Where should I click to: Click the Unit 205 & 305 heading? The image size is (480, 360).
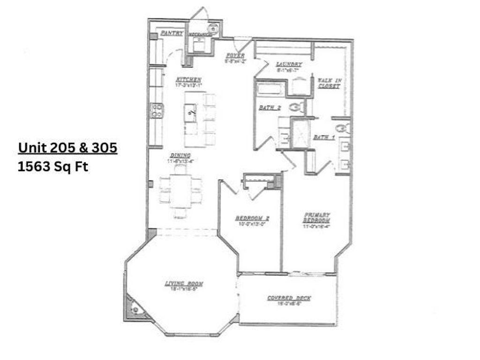pos(67,148)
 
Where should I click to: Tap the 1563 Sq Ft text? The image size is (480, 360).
pos(52,167)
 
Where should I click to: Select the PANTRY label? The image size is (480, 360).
pos(172,33)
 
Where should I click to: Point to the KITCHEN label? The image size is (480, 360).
pos(188,80)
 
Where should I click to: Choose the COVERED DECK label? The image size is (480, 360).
pos(289,298)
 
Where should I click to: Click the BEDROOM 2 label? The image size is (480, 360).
pos(252,218)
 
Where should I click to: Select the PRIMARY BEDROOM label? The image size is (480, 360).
pos(317,217)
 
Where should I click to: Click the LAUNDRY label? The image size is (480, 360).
pos(289,64)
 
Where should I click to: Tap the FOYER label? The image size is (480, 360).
pos(236,55)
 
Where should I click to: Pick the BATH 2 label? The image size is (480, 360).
pos(270,108)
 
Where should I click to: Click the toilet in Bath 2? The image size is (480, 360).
pos(295,107)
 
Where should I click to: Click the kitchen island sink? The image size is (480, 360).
pos(191,112)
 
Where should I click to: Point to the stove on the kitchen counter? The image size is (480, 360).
pos(157,110)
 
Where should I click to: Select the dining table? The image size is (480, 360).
pos(180,191)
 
